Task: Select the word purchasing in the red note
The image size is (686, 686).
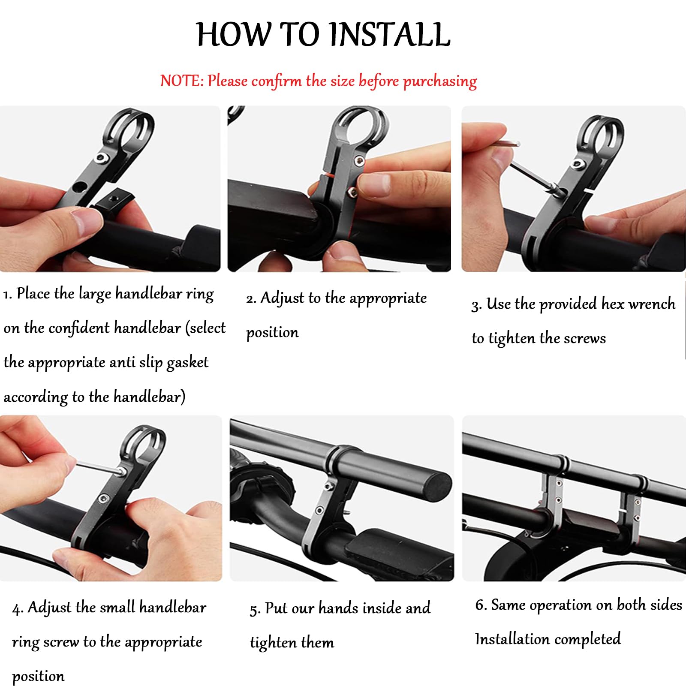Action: [440, 81]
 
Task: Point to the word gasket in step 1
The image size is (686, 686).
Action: [187, 363]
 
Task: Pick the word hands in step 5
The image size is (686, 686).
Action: [338, 608]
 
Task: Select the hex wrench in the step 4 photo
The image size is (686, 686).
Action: [99, 467]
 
